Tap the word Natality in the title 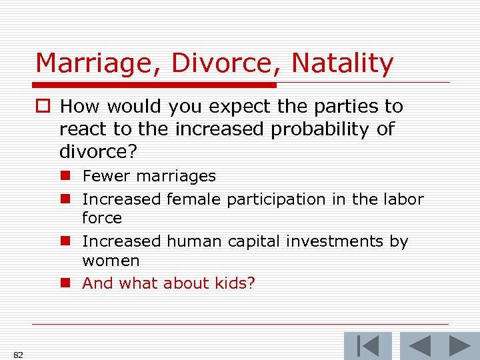click(343, 63)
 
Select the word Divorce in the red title click(227, 63)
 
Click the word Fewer click(106, 176)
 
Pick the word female click(194, 199)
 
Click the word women click(111, 260)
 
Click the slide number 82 click(18, 355)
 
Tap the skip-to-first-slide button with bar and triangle click(368, 345)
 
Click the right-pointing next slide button click(459, 345)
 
